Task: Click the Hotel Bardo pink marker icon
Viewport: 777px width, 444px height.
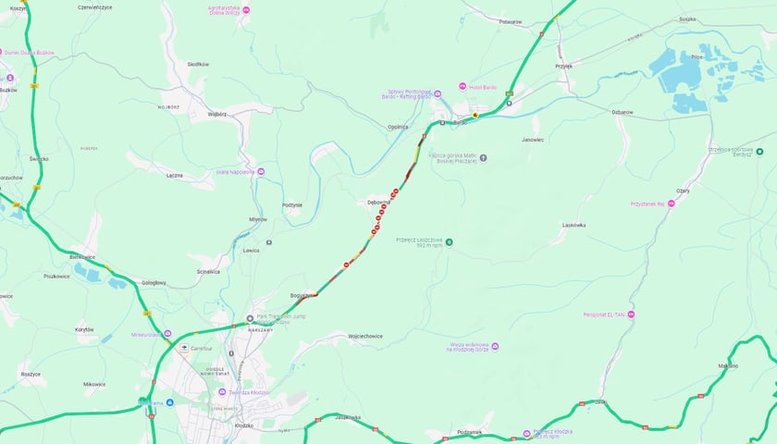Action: click(x=463, y=87)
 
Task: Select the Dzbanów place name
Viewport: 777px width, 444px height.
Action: click(x=622, y=112)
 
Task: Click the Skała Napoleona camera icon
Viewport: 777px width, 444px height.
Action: click(x=262, y=171)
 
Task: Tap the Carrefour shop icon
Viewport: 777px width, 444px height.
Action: click(x=184, y=347)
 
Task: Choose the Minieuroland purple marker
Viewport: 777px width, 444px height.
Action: click(x=167, y=334)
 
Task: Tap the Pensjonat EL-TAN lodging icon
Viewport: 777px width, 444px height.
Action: click(x=632, y=314)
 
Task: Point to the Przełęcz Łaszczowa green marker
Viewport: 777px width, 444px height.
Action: click(x=449, y=242)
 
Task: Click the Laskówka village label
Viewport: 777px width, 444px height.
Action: click(x=574, y=225)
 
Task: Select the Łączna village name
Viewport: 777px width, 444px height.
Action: click(x=175, y=175)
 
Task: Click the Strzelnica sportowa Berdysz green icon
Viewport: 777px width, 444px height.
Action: click(x=759, y=152)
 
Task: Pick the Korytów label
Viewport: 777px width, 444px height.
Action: click(x=84, y=329)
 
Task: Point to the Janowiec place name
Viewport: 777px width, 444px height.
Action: click(x=533, y=140)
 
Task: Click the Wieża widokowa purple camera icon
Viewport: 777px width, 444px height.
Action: click(x=495, y=346)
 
